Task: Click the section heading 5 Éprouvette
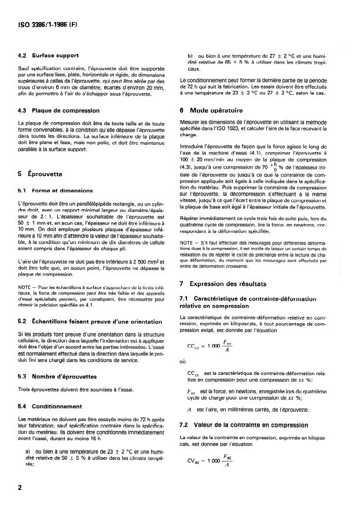[42, 173]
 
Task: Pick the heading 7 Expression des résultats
[230, 284]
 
